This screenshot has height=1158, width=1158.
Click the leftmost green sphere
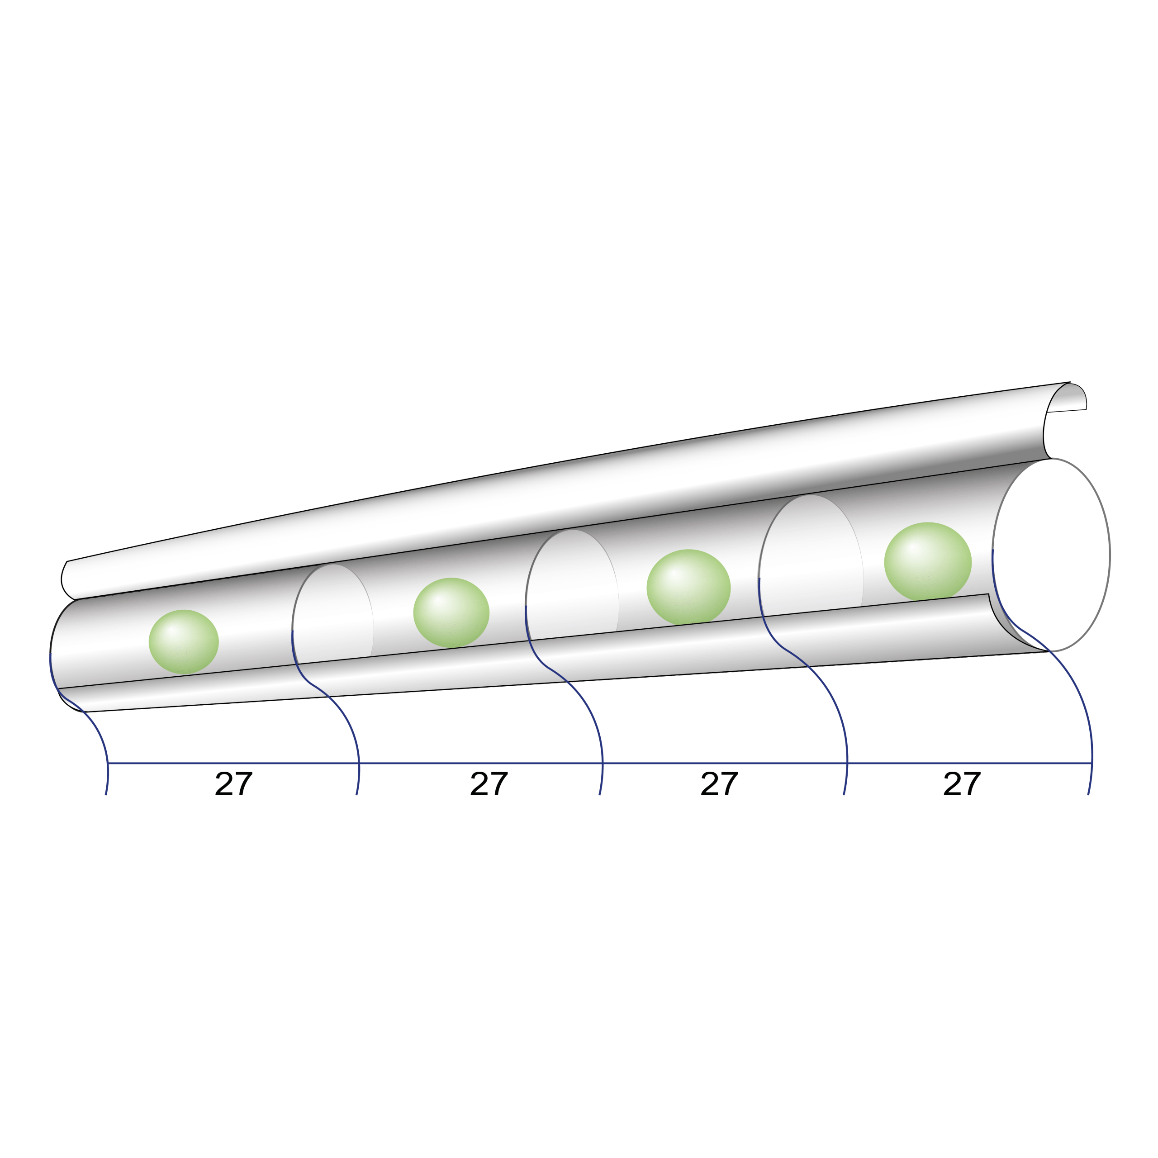click(183, 641)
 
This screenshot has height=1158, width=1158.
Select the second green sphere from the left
click(451, 612)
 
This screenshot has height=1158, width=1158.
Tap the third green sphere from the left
click(688, 587)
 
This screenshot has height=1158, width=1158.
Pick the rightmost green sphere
click(928, 562)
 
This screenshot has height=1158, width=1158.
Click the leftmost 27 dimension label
click(234, 783)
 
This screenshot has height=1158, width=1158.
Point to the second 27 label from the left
click(489, 783)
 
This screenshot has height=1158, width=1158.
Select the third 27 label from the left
click(719, 783)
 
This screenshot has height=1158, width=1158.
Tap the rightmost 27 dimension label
click(962, 783)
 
